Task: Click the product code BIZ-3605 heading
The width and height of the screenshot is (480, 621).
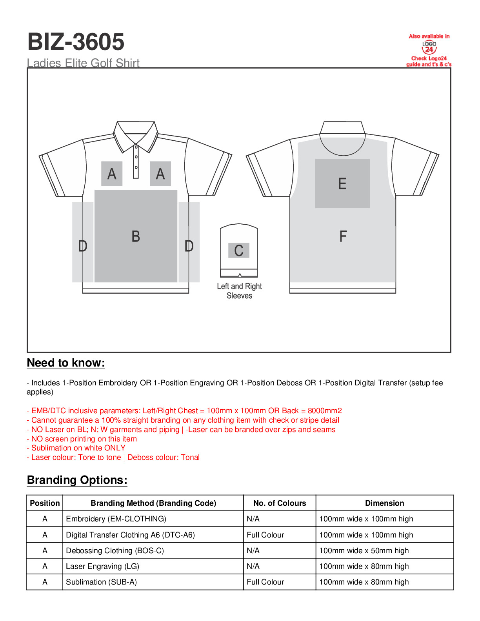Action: tap(76, 42)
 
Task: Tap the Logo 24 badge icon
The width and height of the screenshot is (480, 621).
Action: tap(429, 47)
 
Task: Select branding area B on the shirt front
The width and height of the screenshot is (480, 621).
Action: tap(136, 236)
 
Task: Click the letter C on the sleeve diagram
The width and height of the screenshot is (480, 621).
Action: tap(239, 251)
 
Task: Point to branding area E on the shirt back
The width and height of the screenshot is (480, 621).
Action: tap(342, 183)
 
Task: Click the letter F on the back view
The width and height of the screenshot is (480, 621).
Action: tap(343, 236)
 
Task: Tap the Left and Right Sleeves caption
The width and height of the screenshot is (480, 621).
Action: tap(239, 291)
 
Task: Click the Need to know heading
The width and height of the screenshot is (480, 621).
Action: tap(66, 363)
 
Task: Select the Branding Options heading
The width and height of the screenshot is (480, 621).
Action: tap(77, 480)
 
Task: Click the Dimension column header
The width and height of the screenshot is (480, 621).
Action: tap(384, 503)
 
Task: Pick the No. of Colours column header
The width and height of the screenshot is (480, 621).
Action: tap(279, 503)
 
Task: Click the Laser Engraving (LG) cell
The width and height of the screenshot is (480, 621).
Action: tap(102, 566)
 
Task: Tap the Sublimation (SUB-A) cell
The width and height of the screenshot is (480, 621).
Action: tap(101, 582)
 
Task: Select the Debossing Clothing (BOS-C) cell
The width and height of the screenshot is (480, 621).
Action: tap(115, 550)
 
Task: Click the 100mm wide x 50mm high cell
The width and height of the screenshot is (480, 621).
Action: tap(364, 550)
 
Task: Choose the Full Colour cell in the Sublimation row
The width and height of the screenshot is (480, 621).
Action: tap(265, 582)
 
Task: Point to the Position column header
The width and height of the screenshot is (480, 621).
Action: tap(45, 503)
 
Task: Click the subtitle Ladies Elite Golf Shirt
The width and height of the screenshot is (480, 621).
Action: tap(83, 63)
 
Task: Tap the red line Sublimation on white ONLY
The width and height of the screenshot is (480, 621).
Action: tap(78, 448)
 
